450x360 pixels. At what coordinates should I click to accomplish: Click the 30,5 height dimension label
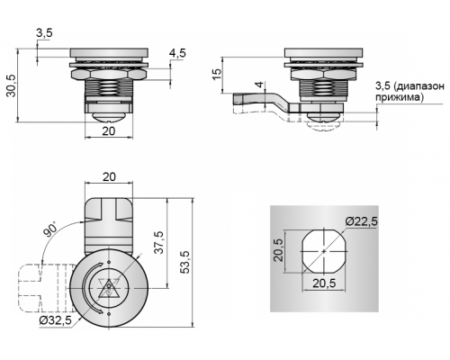point(12,85)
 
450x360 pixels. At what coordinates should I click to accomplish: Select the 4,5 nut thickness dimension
point(177,53)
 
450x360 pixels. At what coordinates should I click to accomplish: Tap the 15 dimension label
point(217,74)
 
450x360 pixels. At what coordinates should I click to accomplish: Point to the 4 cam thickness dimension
point(261,84)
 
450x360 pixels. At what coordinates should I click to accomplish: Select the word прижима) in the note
point(400,97)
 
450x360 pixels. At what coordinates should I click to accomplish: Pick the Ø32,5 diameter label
point(56,320)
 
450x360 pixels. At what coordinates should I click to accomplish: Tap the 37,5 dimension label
point(158,242)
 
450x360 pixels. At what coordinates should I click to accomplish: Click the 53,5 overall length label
point(185,262)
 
